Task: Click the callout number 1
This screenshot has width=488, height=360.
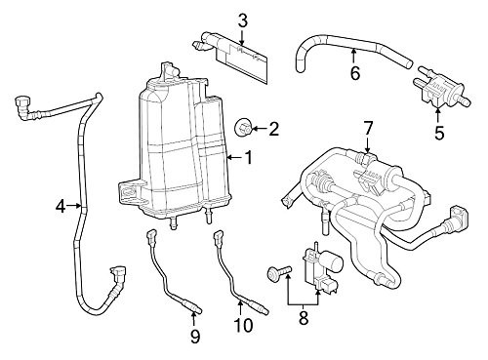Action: click(249, 157)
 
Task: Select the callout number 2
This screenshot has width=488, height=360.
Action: click(273, 128)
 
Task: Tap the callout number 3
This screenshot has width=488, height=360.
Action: click(243, 20)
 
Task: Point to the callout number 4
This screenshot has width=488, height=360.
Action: click(60, 206)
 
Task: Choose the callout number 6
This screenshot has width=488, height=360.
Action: click(354, 72)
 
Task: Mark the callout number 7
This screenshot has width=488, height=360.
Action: click(368, 128)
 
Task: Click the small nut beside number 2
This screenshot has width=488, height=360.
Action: click(244, 126)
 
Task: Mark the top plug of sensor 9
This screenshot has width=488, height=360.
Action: click(151, 235)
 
